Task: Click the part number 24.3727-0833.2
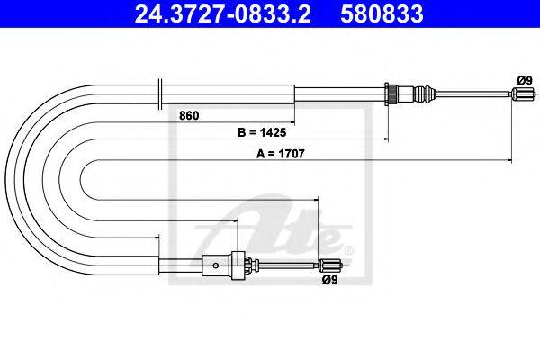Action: (222, 13)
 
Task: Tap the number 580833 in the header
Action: (382, 13)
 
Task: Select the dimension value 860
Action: (189, 116)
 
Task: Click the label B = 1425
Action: (262, 132)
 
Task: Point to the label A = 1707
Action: (280, 154)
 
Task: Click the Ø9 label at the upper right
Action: (525, 81)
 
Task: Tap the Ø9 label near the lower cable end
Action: (330, 280)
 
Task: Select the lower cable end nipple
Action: (329, 265)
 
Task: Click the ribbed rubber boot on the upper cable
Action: (424, 93)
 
